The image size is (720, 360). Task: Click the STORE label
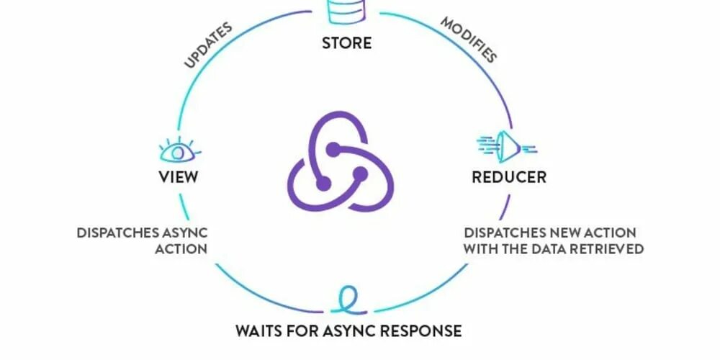[346, 42]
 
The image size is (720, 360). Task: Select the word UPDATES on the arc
[208, 45]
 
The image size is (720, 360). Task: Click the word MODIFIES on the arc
[469, 40]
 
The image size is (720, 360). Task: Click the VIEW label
[178, 176]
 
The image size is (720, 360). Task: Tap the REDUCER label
[509, 176]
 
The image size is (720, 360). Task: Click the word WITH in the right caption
[480, 249]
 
